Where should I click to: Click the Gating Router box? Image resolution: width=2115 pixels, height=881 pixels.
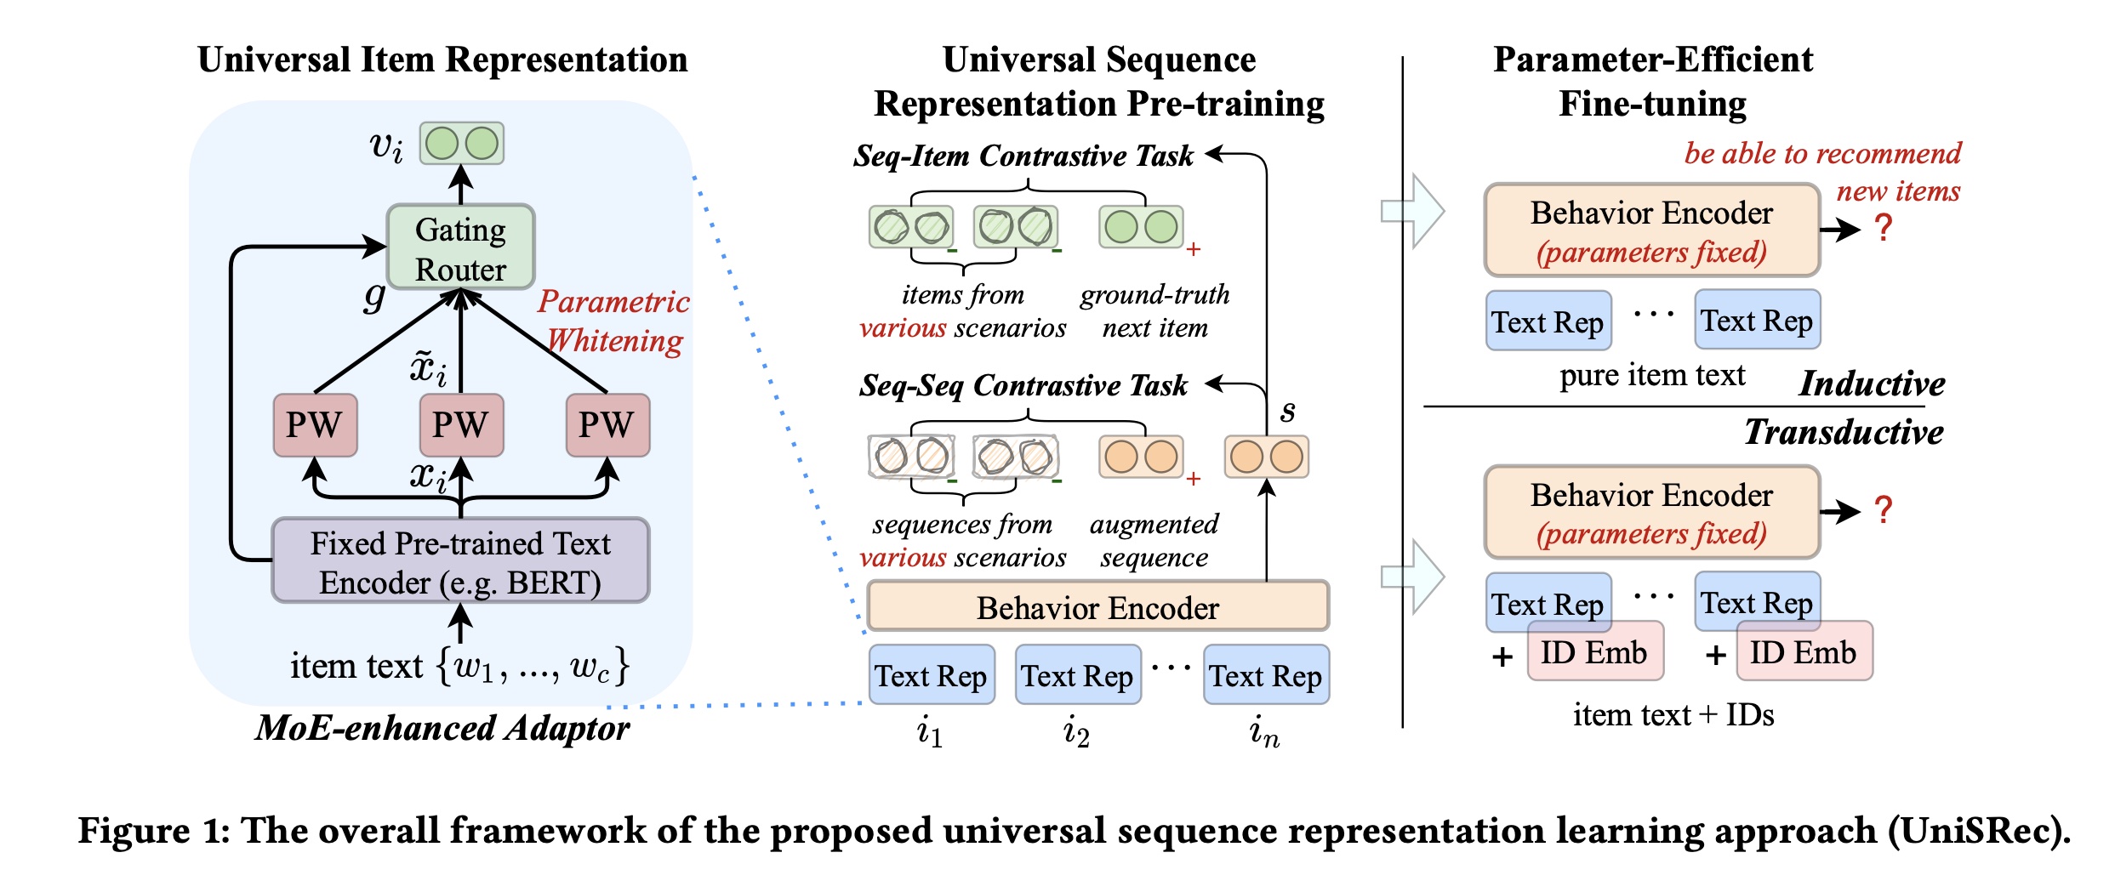[x=460, y=247]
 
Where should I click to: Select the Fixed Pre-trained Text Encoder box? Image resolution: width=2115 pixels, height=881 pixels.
[x=460, y=561]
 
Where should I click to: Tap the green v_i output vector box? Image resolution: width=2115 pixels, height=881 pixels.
[x=462, y=144]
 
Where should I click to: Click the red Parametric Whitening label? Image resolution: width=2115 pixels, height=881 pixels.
[x=613, y=321]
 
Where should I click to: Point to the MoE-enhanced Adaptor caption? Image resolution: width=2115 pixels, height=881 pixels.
[x=442, y=728]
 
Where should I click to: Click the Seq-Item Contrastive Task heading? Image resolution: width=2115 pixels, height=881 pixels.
[x=1023, y=156]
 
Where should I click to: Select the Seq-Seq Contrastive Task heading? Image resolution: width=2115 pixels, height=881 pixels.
[x=1023, y=385]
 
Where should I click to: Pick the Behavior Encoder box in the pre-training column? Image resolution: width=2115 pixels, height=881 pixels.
[x=1097, y=607]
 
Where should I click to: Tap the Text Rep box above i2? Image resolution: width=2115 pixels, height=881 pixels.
[x=1077, y=675]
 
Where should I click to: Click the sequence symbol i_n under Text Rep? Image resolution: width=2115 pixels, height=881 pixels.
[x=1264, y=731]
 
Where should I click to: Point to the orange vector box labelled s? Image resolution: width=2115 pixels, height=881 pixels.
[x=1266, y=457]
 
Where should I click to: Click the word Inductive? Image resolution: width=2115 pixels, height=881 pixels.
[x=1872, y=384]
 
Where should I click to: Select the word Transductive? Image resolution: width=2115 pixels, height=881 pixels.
[x=1844, y=432]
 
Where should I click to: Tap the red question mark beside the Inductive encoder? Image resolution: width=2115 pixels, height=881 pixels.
[x=1884, y=228]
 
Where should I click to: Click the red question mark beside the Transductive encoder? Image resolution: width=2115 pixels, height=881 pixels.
[x=1884, y=509]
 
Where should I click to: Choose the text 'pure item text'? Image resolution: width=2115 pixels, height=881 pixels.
[x=1651, y=375]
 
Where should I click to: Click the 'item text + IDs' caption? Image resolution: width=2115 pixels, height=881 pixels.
[x=1673, y=715]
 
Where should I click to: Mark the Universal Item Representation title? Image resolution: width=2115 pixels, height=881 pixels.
[x=442, y=60]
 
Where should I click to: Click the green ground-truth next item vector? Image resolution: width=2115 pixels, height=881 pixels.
[x=1141, y=227]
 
